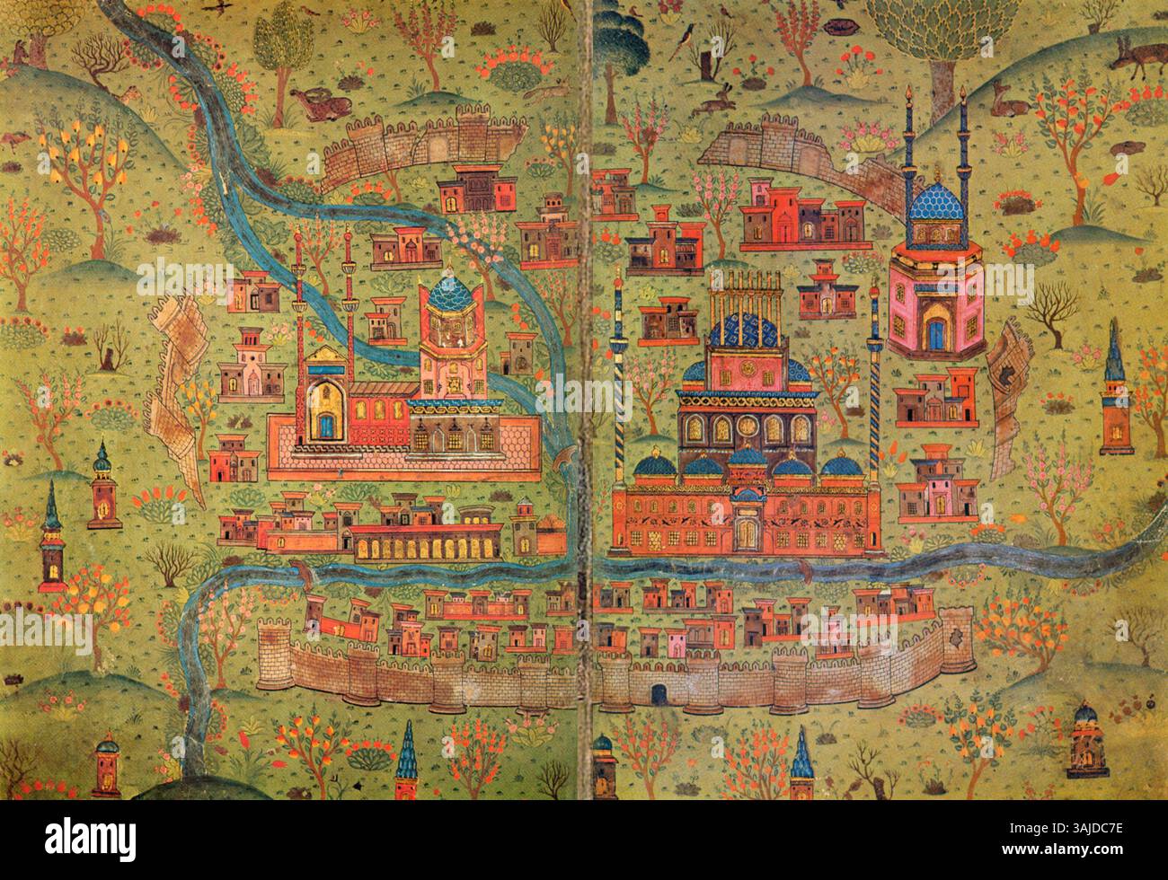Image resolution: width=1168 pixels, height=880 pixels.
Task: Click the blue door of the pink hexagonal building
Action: (937, 333)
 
